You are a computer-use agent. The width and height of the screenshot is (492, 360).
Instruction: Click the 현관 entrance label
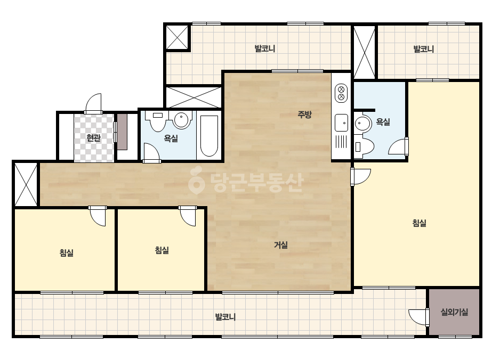(93, 138)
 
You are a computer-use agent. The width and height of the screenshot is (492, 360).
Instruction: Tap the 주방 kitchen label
(304, 114)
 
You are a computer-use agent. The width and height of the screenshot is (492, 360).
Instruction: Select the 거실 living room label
(281, 244)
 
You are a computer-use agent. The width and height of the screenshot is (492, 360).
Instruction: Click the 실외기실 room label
(454, 312)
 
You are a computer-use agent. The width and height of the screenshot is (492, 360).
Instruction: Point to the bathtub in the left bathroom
(209, 136)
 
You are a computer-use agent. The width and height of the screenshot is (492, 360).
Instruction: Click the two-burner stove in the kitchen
(341, 93)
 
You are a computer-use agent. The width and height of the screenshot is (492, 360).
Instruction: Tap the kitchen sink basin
(341, 122)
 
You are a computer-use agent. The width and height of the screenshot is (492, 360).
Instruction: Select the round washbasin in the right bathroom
(363, 123)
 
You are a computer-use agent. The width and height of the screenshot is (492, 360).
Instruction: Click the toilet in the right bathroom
(364, 146)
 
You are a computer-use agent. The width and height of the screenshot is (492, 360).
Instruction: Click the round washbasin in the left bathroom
(181, 119)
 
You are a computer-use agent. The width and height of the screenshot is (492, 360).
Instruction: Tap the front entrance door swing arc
(93, 103)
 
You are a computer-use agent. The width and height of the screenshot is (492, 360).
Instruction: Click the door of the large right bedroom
(361, 177)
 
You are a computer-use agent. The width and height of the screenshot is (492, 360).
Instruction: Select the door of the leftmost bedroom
(98, 216)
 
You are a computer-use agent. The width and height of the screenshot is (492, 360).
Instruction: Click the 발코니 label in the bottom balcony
(225, 317)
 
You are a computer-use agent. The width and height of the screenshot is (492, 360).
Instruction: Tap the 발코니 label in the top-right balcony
(424, 49)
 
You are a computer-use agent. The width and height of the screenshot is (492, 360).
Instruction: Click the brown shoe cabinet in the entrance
(123, 132)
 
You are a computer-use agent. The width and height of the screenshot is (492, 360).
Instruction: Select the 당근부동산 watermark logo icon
(196, 180)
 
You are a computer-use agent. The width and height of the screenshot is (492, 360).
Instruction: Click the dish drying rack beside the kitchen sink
(341, 141)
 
